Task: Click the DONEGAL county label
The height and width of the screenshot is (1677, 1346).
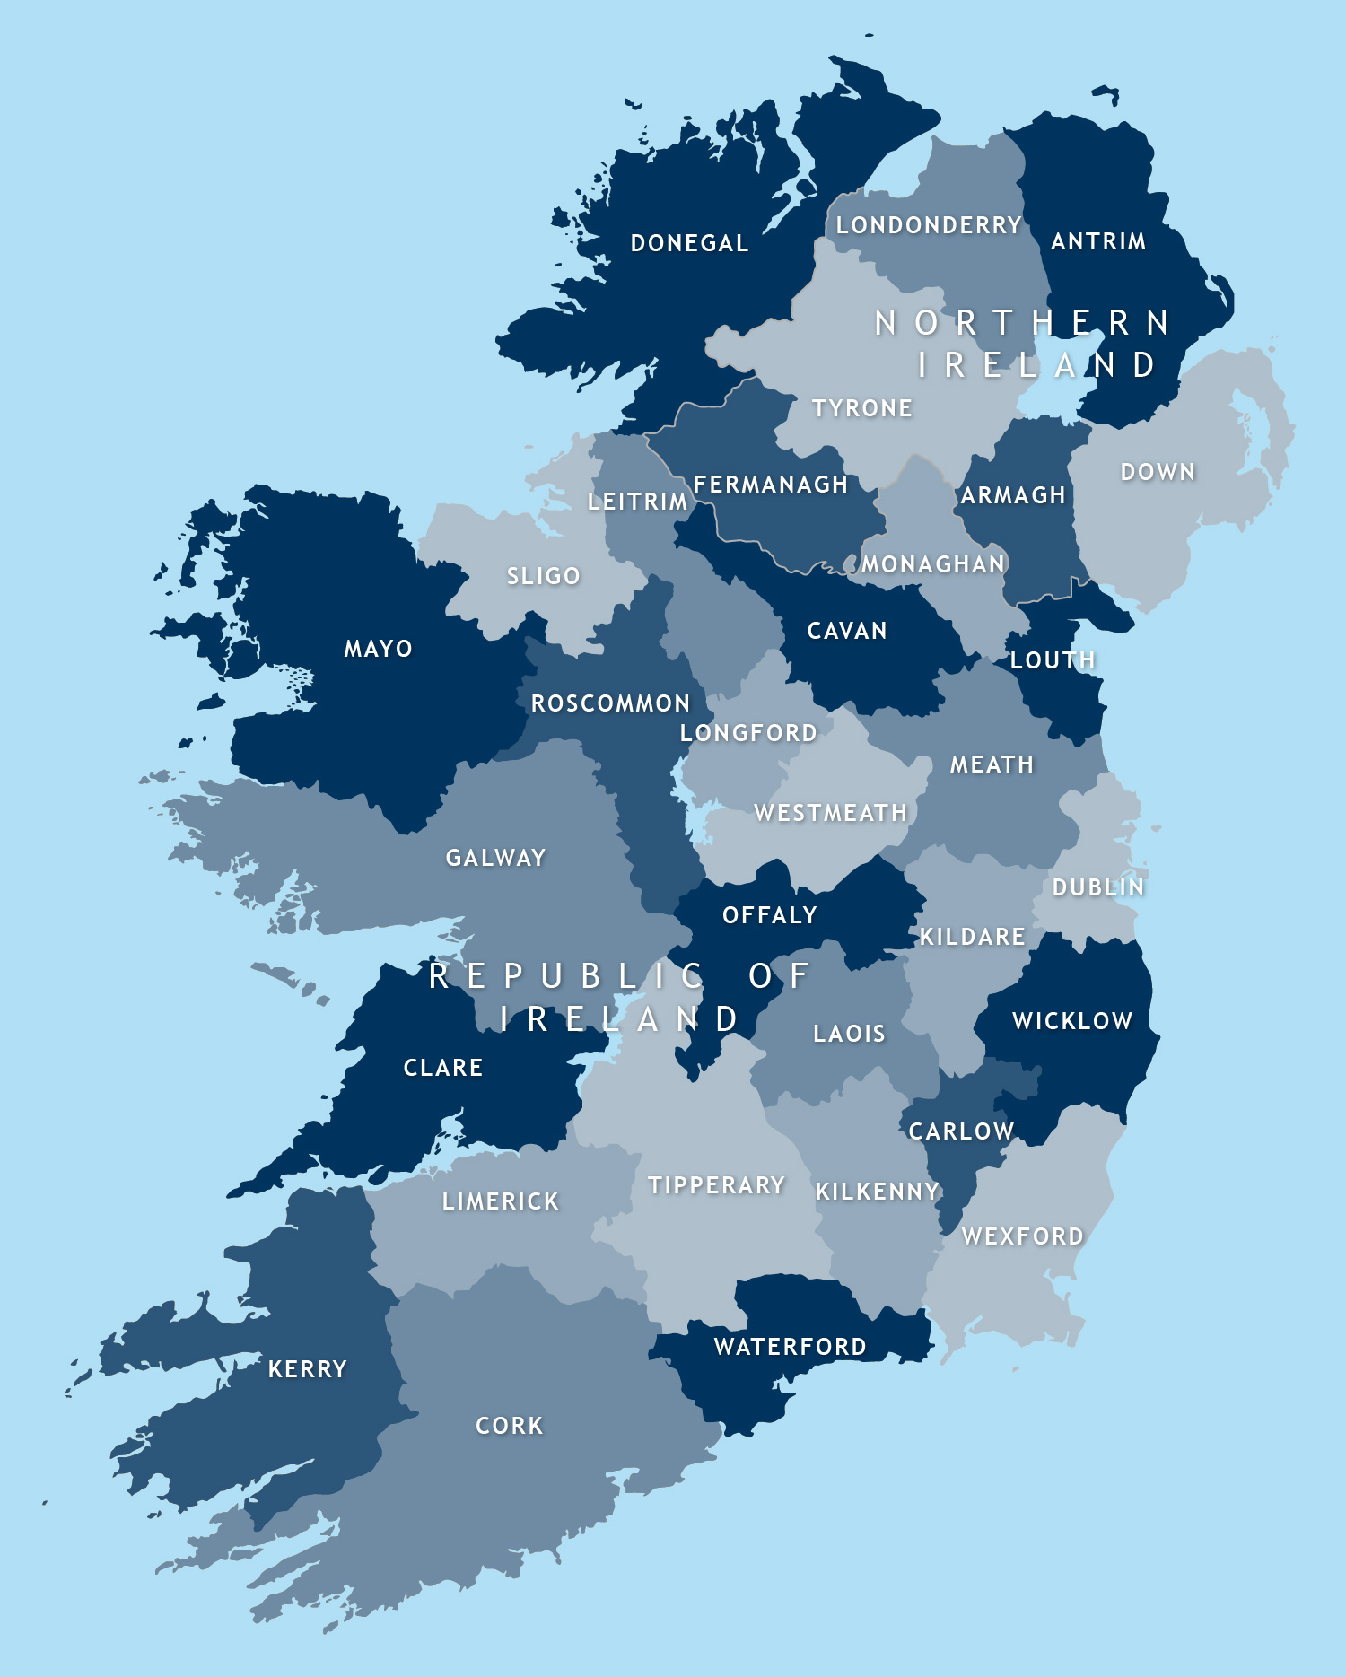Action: click(x=689, y=243)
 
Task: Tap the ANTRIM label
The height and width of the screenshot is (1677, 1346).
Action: click(x=1098, y=241)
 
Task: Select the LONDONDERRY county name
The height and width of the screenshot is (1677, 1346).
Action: click(x=929, y=225)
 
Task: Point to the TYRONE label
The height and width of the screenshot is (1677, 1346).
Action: click(x=862, y=408)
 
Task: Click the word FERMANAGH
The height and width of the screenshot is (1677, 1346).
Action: click(x=771, y=485)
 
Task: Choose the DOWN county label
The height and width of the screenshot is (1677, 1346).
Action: click(x=1158, y=472)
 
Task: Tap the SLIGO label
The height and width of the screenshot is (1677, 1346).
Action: click(x=544, y=576)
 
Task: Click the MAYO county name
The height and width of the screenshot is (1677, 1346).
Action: click(x=379, y=649)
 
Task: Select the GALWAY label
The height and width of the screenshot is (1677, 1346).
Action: click(x=496, y=858)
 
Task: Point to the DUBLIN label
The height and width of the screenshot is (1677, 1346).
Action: click(x=1098, y=887)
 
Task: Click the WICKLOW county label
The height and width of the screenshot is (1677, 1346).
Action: click(x=1072, y=1021)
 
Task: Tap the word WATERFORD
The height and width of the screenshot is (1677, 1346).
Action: click(x=791, y=1347)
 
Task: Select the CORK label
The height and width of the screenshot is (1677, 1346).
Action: click(x=510, y=1426)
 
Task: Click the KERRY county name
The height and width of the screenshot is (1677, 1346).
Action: click(x=308, y=1369)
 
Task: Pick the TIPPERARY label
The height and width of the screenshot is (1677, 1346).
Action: click(x=717, y=1185)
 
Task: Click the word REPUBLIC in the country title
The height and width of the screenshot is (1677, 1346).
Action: click(x=567, y=976)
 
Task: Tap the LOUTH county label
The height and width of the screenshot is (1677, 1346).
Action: click(x=1053, y=660)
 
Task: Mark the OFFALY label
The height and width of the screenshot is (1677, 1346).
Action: click(x=770, y=915)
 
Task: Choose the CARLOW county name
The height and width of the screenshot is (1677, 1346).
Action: click(x=961, y=1131)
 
